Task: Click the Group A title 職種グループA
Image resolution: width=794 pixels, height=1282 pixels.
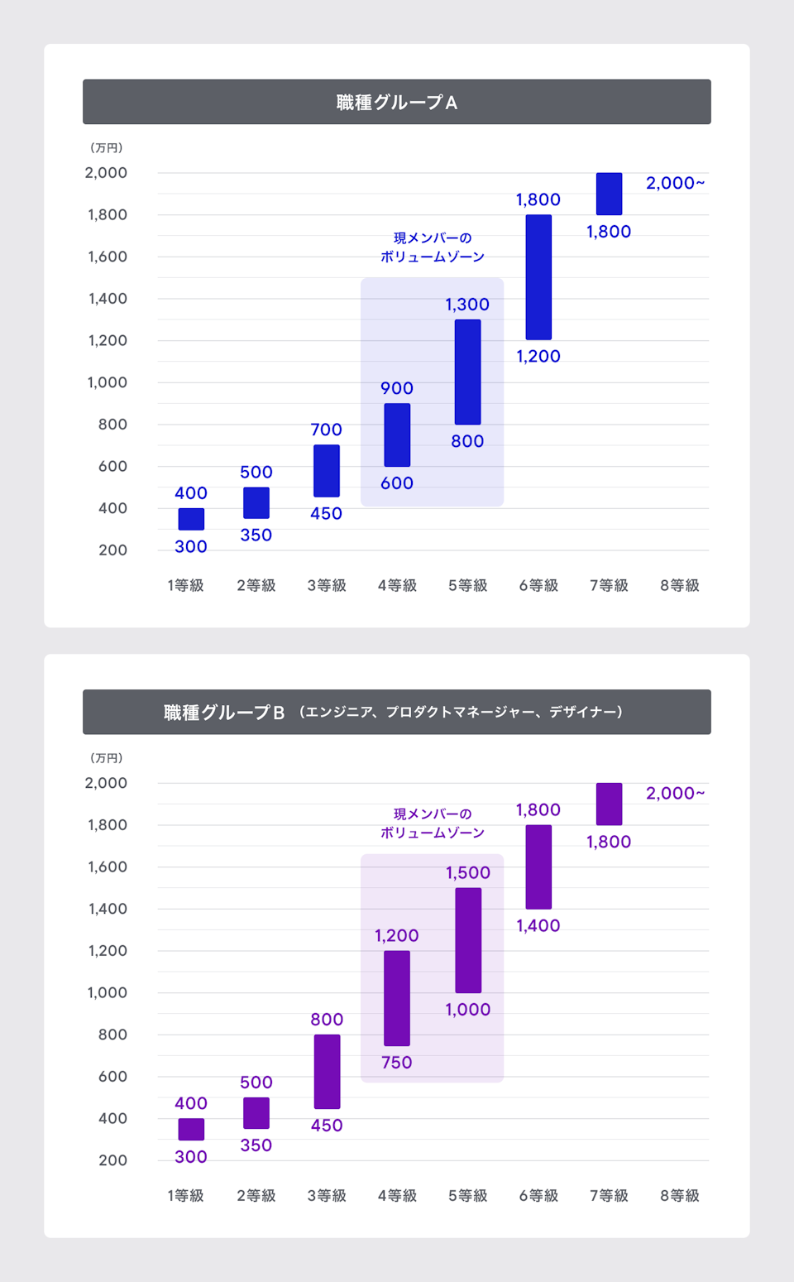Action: pyautogui.click(x=396, y=103)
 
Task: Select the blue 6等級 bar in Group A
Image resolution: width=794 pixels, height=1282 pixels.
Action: pyautogui.click(x=538, y=277)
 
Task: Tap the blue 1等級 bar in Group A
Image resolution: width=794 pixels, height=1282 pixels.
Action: pyautogui.click(x=191, y=519)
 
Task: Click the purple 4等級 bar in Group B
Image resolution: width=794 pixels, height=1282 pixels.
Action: pyautogui.click(x=397, y=998)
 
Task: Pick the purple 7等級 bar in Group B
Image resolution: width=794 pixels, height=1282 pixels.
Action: pyautogui.click(x=609, y=804)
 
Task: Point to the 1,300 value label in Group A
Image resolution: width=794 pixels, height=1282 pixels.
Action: pyautogui.click(x=467, y=305)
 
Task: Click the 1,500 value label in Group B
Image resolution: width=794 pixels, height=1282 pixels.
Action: pyautogui.click(x=468, y=873)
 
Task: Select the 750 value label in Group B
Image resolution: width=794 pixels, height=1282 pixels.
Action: pyautogui.click(x=397, y=1063)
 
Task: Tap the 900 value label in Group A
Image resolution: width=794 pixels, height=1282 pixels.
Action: pyautogui.click(x=397, y=388)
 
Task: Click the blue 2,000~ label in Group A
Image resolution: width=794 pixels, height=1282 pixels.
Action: pyautogui.click(x=675, y=183)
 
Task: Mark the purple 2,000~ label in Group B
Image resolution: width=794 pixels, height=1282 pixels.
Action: pyautogui.click(x=675, y=793)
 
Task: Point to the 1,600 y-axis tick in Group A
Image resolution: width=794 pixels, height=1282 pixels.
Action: pyautogui.click(x=108, y=257)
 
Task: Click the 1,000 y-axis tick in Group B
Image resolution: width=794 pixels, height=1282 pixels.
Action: pyautogui.click(x=108, y=992)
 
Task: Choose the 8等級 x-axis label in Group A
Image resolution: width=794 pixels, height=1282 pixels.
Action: pyautogui.click(x=679, y=586)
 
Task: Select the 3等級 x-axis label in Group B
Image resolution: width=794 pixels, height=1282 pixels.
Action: pyautogui.click(x=327, y=1196)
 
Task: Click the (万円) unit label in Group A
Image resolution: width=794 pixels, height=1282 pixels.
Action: pyautogui.click(x=107, y=148)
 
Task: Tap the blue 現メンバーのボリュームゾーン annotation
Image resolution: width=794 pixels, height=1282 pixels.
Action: pyautogui.click(x=433, y=247)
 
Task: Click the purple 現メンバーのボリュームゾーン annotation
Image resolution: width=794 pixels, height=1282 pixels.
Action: pyautogui.click(x=433, y=823)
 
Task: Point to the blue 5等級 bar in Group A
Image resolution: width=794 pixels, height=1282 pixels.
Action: pyautogui.click(x=467, y=372)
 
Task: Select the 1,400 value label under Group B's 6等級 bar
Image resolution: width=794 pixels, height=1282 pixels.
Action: pyautogui.click(x=538, y=926)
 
